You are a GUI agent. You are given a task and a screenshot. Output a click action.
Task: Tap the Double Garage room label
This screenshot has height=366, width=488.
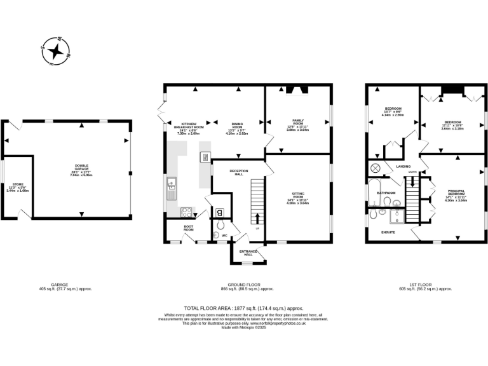[81, 168]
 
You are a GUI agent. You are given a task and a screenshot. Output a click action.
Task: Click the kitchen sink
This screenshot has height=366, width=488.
[171, 186]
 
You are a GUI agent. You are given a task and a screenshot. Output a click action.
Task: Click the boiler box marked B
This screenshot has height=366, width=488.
[219, 212]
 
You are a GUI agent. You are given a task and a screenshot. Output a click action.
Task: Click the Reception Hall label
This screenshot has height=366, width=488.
[239, 172]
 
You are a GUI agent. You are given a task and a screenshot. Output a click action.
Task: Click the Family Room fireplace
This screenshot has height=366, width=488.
[297, 90]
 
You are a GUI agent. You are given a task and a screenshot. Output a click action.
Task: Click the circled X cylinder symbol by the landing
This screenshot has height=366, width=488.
[375, 168]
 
